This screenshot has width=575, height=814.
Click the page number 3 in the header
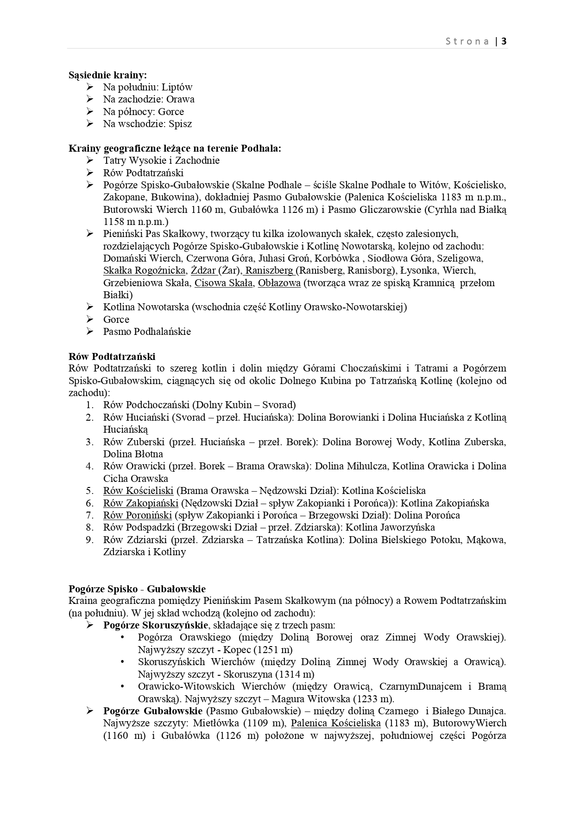[x=504, y=41]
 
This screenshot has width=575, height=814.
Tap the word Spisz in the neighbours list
[x=180, y=124]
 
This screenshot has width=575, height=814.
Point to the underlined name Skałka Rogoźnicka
[x=145, y=270]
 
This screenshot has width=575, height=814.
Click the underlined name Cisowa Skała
[x=223, y=283]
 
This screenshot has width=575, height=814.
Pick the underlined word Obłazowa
[x=279, y=283]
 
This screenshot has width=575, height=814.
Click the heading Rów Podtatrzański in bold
[x=112, y=357]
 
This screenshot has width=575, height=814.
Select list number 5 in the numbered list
[x=90, y=491]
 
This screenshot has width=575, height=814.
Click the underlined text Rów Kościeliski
[x=138, y=491]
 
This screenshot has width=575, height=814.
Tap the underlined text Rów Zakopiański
[x=140, y=503]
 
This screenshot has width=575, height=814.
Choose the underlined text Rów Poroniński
[x=138, y=515]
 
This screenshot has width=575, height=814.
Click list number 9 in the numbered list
[x=90, y=540]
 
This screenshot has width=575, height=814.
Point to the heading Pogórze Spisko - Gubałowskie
[x=137, y=589]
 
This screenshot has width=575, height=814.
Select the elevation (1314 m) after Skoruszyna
[x=294, y=674]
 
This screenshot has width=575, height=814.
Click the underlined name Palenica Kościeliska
[x=336, y=723]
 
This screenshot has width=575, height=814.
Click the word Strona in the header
[x=467, y=41]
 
